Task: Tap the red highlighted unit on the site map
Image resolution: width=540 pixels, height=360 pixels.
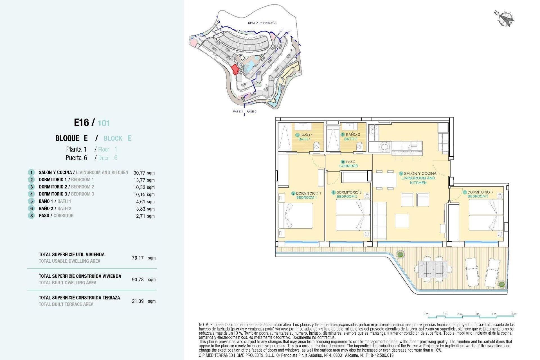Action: pyautogui.click(x=235, y=69)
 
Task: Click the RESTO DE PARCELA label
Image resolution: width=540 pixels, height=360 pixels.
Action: pyautogui.click(x=262, y=23)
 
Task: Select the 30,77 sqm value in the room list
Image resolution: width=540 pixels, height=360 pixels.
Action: pyautogui.click(x=144, y=173)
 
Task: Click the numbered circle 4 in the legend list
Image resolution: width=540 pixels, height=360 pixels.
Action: pyautogui.click(x=31, y=194)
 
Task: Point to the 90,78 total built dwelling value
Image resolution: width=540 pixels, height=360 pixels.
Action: pyautogui.click(x=138, y=280)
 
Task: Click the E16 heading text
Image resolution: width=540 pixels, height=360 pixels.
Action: pyautogui.click(x=81, y=123)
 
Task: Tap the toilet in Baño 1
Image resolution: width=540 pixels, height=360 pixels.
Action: pyautogui.click(x=316, y=146)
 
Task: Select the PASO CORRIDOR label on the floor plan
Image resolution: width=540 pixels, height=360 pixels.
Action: pyautogui.click(x=349, y=164)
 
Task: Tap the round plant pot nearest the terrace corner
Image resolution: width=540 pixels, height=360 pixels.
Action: pyautogui.click(x=501, y=284)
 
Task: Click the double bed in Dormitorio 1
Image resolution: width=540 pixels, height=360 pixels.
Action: pyautogui.click(x=296, y=215)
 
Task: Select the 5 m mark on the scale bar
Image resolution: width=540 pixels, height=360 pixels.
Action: pyautogui.click(x=514, y=314)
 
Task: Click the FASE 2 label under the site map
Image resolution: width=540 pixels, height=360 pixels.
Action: pyautogui.click(x=251, y=112)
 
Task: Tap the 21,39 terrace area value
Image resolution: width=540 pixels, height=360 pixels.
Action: pyautogui.click(x=138, y=301)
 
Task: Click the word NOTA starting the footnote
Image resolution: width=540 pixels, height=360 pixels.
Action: pyautogui.click(x=204, y=325)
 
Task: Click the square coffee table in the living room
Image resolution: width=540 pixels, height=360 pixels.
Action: pyautogui.click(x=402, y=221)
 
